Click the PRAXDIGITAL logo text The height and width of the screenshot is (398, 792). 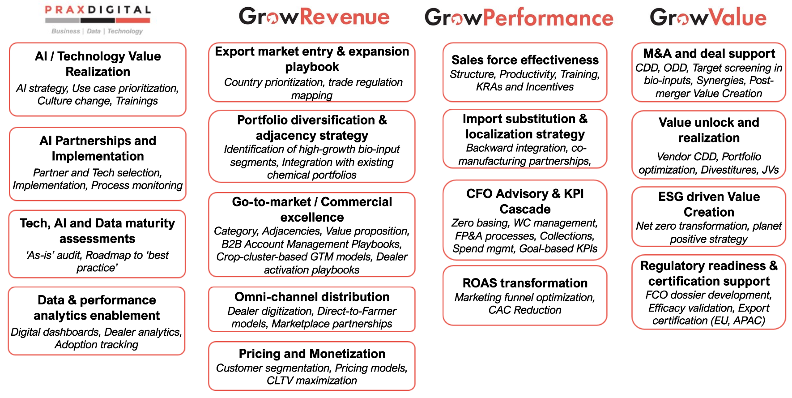point(98,9)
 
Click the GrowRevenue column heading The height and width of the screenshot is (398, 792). point(314,17)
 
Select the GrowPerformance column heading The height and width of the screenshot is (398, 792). point(519,18)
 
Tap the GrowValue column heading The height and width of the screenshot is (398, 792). point(708,17)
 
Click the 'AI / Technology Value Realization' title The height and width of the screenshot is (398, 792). point(98,64)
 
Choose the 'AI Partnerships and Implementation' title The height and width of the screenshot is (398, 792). point(98,149)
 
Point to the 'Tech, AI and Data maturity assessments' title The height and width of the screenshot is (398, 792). point(98,231)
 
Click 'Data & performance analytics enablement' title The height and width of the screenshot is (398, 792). point(97,308)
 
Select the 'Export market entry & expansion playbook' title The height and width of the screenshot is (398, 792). point(312,59)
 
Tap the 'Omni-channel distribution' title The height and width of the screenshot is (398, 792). point(312,297)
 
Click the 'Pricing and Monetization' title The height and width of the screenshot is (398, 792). point(312,354)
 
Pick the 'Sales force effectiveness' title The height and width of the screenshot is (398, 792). point(525,60)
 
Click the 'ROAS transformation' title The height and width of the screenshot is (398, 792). point(525,283)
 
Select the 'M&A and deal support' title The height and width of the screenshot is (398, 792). point(709,54)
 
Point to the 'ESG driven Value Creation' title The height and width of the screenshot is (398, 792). point(709,204)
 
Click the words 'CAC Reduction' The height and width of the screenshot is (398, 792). point(525,310)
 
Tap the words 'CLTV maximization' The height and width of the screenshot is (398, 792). point(312,381)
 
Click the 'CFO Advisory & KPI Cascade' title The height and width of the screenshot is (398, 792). point(525,201)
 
